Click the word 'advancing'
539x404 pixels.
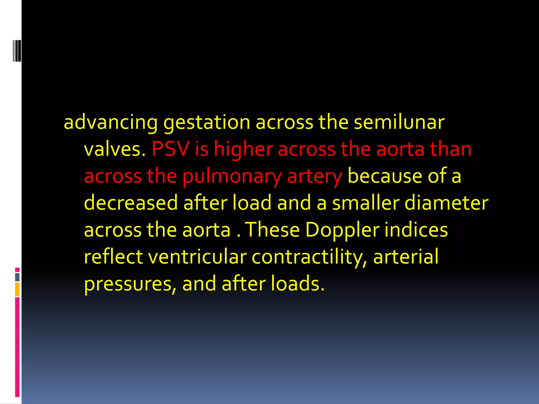[111, 123]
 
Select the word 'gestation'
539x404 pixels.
[207, 123]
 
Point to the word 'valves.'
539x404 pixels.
[115, 149]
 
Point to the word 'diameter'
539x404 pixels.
[446, 203]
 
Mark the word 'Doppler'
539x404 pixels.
[342, 230]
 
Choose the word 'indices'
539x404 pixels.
[416, 230]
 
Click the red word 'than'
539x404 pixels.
[450, 149]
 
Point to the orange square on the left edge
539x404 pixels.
[17, 289]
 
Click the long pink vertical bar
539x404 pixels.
[17, 347]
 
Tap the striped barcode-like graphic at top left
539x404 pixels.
[17, 50]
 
